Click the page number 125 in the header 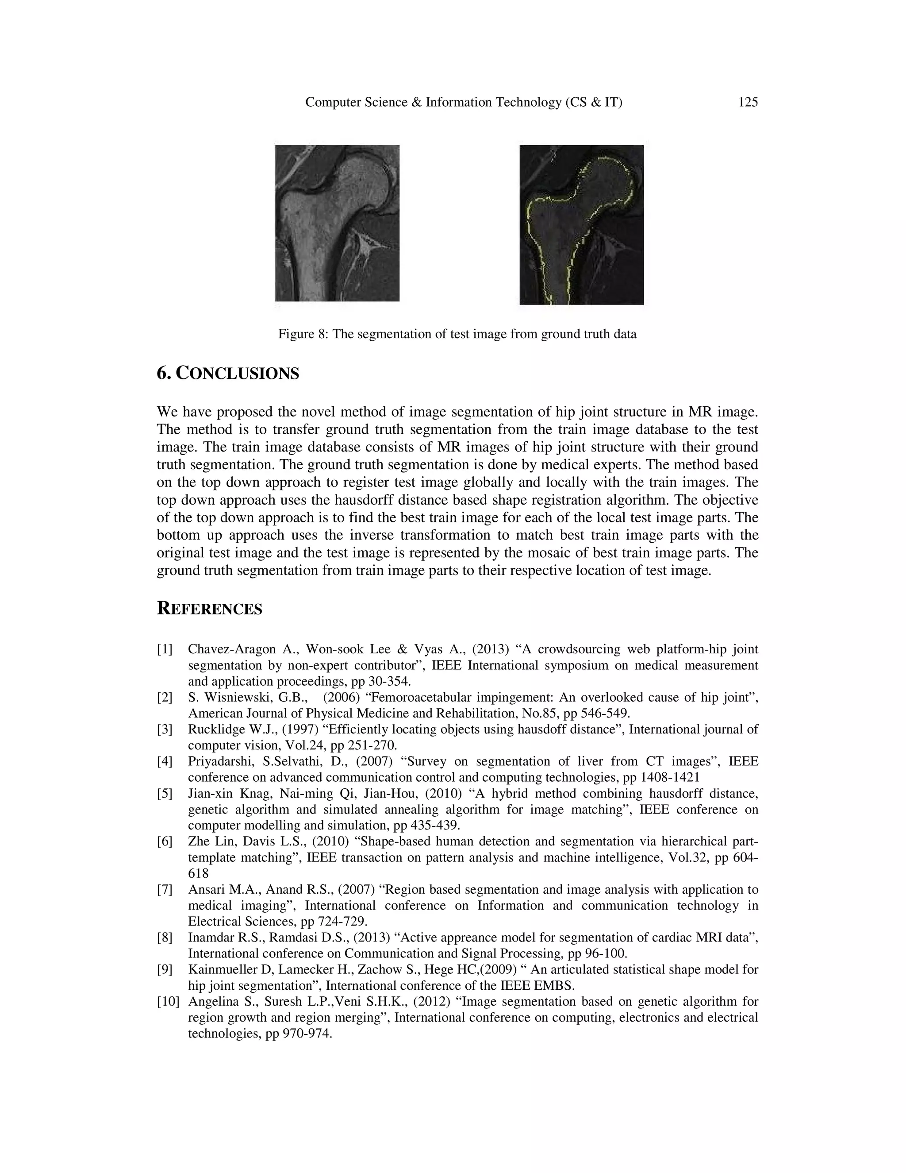[x=748, y=102]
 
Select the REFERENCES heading [x=209, y=609]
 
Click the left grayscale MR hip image [x=337, y=223]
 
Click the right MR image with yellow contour [x=581, y=224]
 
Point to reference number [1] [x=165, y=649]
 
